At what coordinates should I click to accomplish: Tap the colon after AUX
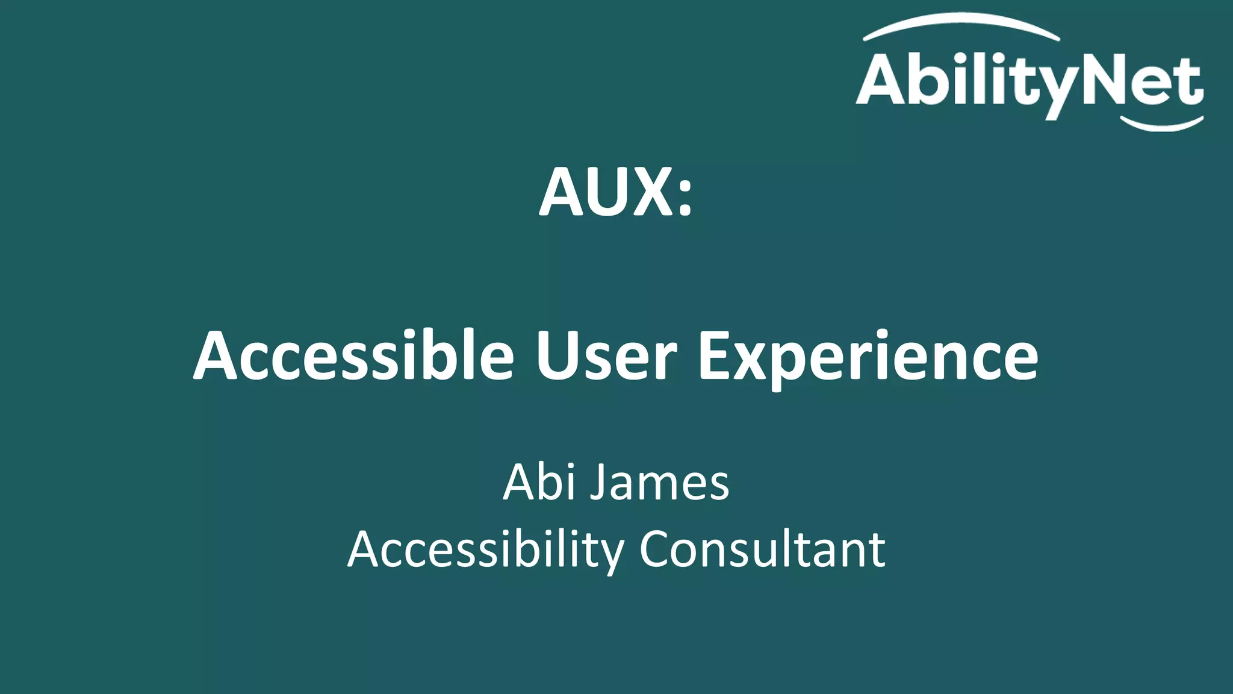pos(685,195)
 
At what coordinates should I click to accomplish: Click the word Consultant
pos(762,549)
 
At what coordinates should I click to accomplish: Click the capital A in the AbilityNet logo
pos(882,79)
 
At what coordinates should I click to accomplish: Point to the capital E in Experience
pos(717,357)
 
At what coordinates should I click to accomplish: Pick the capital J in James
pos(598,483)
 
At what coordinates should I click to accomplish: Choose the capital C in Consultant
pos(657,549)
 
